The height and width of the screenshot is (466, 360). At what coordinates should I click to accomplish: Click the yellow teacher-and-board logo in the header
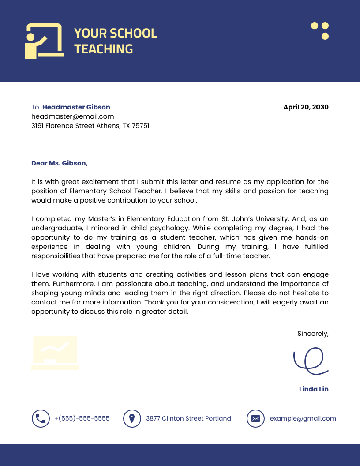click(x=43, y=41)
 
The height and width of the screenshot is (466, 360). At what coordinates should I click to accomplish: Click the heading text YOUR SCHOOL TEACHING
click(x=115, y=41)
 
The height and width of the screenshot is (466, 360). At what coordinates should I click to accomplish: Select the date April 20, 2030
click(x=306, y=107)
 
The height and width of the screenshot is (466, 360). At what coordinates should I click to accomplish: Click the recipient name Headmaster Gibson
click(x=76, y=107)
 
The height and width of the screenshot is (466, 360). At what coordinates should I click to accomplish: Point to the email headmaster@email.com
click(x=73, y=116)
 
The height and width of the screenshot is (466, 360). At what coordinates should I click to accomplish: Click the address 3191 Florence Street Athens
click(x=90, y=126)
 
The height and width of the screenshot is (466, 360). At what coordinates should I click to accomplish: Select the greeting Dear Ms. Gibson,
click(x=60, y=163)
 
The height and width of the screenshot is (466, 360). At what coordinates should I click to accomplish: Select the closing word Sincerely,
click(x=313, y=334)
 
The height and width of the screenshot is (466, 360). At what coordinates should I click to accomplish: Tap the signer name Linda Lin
click(x=314, y=389)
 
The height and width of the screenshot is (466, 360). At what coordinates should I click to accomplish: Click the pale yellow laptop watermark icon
click(x=55, y=353)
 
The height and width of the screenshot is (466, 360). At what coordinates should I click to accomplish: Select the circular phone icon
click(x=41, y=418)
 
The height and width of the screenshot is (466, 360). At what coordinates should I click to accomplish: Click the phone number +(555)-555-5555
click(x=82, y=418)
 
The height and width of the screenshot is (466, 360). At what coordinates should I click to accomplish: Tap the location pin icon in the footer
click(x=131, y=418)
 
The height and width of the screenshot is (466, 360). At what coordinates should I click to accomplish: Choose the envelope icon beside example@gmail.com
click(x=255, y=418)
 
